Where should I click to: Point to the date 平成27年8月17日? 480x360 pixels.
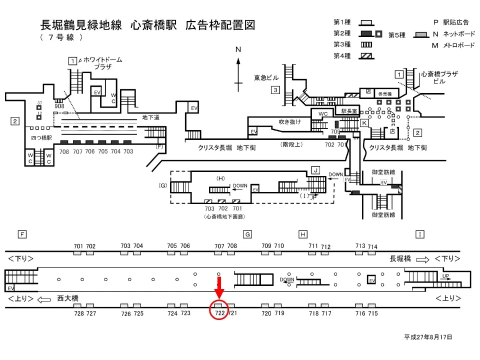[x=428, y=337]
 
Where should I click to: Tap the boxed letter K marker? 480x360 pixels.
[x=364, y=122]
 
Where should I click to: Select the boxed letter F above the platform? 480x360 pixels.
[x=21, y=234]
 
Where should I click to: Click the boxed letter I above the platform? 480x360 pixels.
[x=420, y=234]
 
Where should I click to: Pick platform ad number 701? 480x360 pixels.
[x=78, y=246]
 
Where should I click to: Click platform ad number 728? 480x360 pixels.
[x=78, y=313]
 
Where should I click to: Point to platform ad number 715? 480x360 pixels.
[x=372, y=313]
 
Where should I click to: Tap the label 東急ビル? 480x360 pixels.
[x=266, y=78]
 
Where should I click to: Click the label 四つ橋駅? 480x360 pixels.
[x=38, y=136]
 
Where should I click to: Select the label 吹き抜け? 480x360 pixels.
[x=290, y=122]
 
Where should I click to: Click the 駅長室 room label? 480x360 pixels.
[x=350, y=111]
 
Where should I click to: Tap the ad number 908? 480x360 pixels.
[x=59, y=106]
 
